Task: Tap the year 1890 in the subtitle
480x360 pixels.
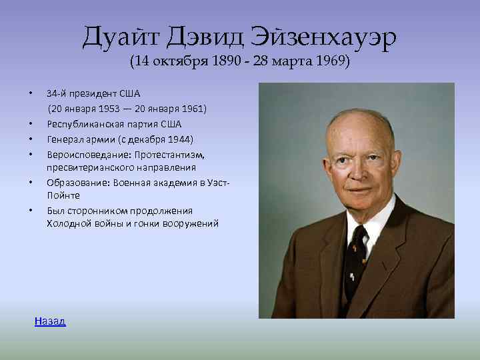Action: click(223, 62)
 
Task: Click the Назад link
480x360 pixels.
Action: click(50, 321)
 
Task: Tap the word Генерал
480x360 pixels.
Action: click(65, 139)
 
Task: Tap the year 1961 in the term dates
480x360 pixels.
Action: click(194, 108)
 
